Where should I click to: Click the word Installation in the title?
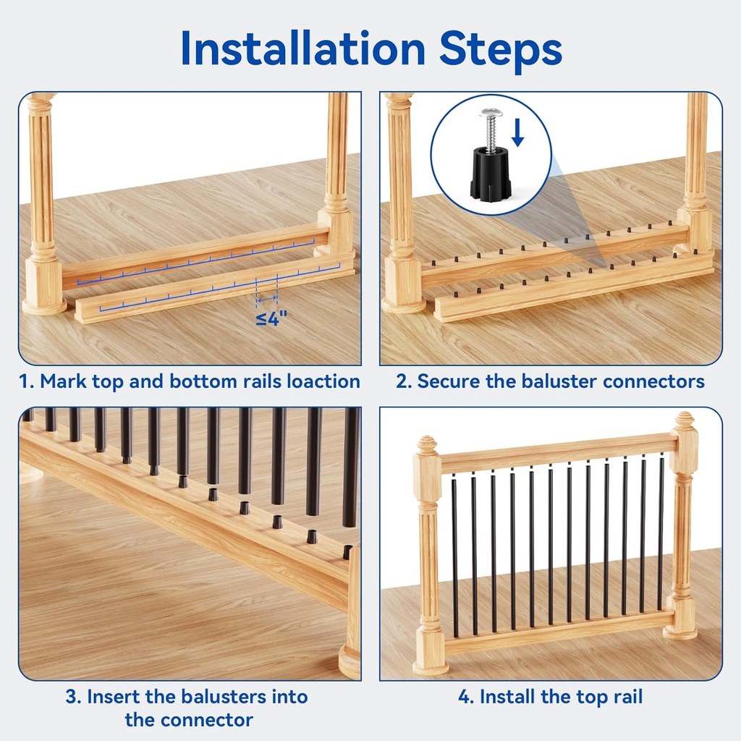[303, 48]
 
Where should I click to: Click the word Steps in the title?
[501, 51]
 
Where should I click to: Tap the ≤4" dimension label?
[271, 318]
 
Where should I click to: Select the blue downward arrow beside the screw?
[517, 132]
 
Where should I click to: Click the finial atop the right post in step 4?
[683, 420]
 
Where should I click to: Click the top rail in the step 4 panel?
[559, 452]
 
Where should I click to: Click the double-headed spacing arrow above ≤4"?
[267, 299]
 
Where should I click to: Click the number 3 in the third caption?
[72, 697]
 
